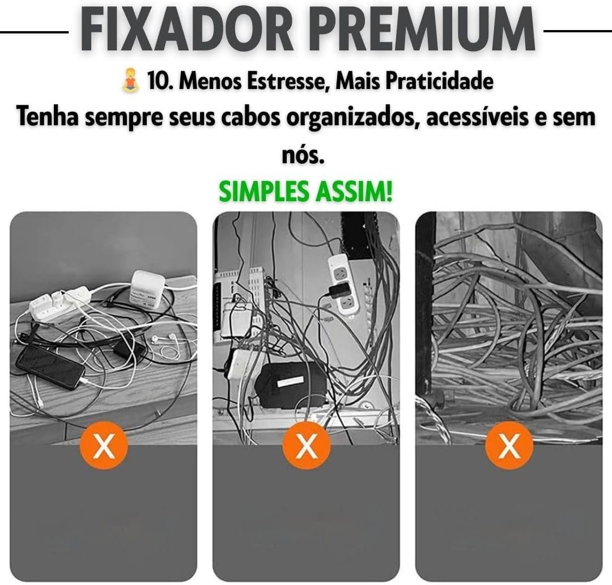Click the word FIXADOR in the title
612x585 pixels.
(x=187, y=29)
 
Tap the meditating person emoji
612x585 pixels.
(x=130, y=80)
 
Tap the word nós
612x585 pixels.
(x=303, y=155)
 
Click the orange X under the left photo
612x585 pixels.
(x=104, y=446)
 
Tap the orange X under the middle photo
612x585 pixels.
(x=307, y=446)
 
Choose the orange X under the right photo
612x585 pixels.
(x=509, y=446)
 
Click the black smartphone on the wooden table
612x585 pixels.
(x=50, y=367)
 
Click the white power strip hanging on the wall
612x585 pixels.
(x=343, y=284)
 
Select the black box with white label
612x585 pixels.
(x=290, y=385)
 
